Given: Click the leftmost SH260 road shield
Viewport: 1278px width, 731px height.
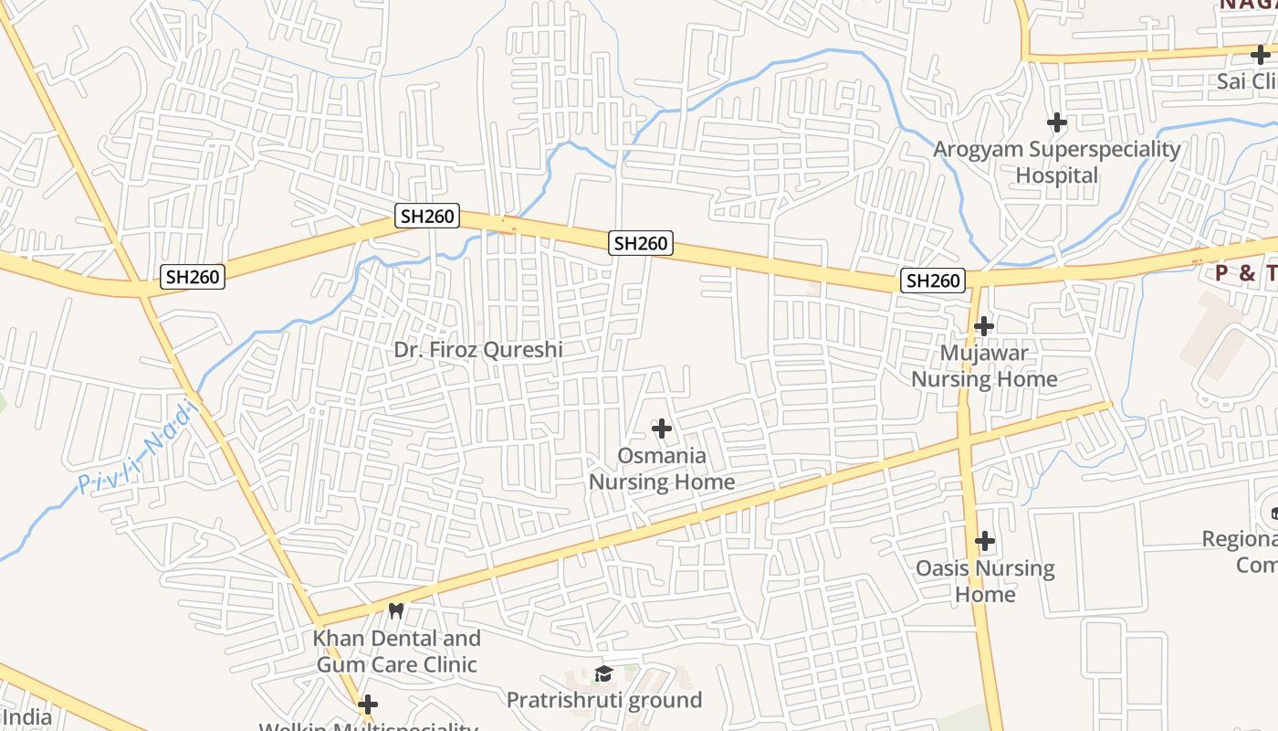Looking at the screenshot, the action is (x=193, y=276).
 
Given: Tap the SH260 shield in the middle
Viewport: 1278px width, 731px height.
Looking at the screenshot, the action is (x=641, y=243).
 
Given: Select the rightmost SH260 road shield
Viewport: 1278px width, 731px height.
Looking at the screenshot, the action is (x=932, y=281).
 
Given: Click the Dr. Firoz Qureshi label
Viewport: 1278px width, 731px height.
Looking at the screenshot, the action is (x=478, y=350).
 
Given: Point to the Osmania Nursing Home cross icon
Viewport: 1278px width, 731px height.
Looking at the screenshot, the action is (x=662, y=428).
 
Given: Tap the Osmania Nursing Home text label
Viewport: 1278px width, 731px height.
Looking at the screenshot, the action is (x=662, y=469).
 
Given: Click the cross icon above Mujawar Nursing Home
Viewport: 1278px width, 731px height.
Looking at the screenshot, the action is (x=984, y=325).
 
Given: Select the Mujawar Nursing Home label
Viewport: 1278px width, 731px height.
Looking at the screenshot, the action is (x=984, y=365).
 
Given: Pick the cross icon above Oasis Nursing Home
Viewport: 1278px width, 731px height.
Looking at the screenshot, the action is (x=984, y=541).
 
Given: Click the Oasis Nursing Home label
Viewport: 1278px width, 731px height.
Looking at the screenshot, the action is (x=984, y=581).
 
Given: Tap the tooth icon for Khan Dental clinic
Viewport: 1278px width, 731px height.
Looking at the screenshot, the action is (x=396, y=610).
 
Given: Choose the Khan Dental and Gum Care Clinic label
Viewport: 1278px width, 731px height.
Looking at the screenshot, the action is (x=396, y=651).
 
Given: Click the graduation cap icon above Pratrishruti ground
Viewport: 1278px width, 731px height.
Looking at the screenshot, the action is (x=603, y=674).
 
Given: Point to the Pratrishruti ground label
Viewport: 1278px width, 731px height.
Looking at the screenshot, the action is (x=604, y=701).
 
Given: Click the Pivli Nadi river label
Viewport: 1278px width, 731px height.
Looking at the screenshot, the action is (x=138, y=449).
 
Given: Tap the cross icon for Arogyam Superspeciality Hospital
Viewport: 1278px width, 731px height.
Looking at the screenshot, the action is (x=1057, y=122).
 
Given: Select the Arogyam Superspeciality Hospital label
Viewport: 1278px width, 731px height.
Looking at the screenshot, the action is (x=1057, y=162).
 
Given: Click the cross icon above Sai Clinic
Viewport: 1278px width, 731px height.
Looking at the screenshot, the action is (x=1261, y=55).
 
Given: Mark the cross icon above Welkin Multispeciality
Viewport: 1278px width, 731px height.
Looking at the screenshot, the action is (x=368, y=705).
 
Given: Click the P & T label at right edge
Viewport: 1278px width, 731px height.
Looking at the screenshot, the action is (x=1245, y=273).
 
